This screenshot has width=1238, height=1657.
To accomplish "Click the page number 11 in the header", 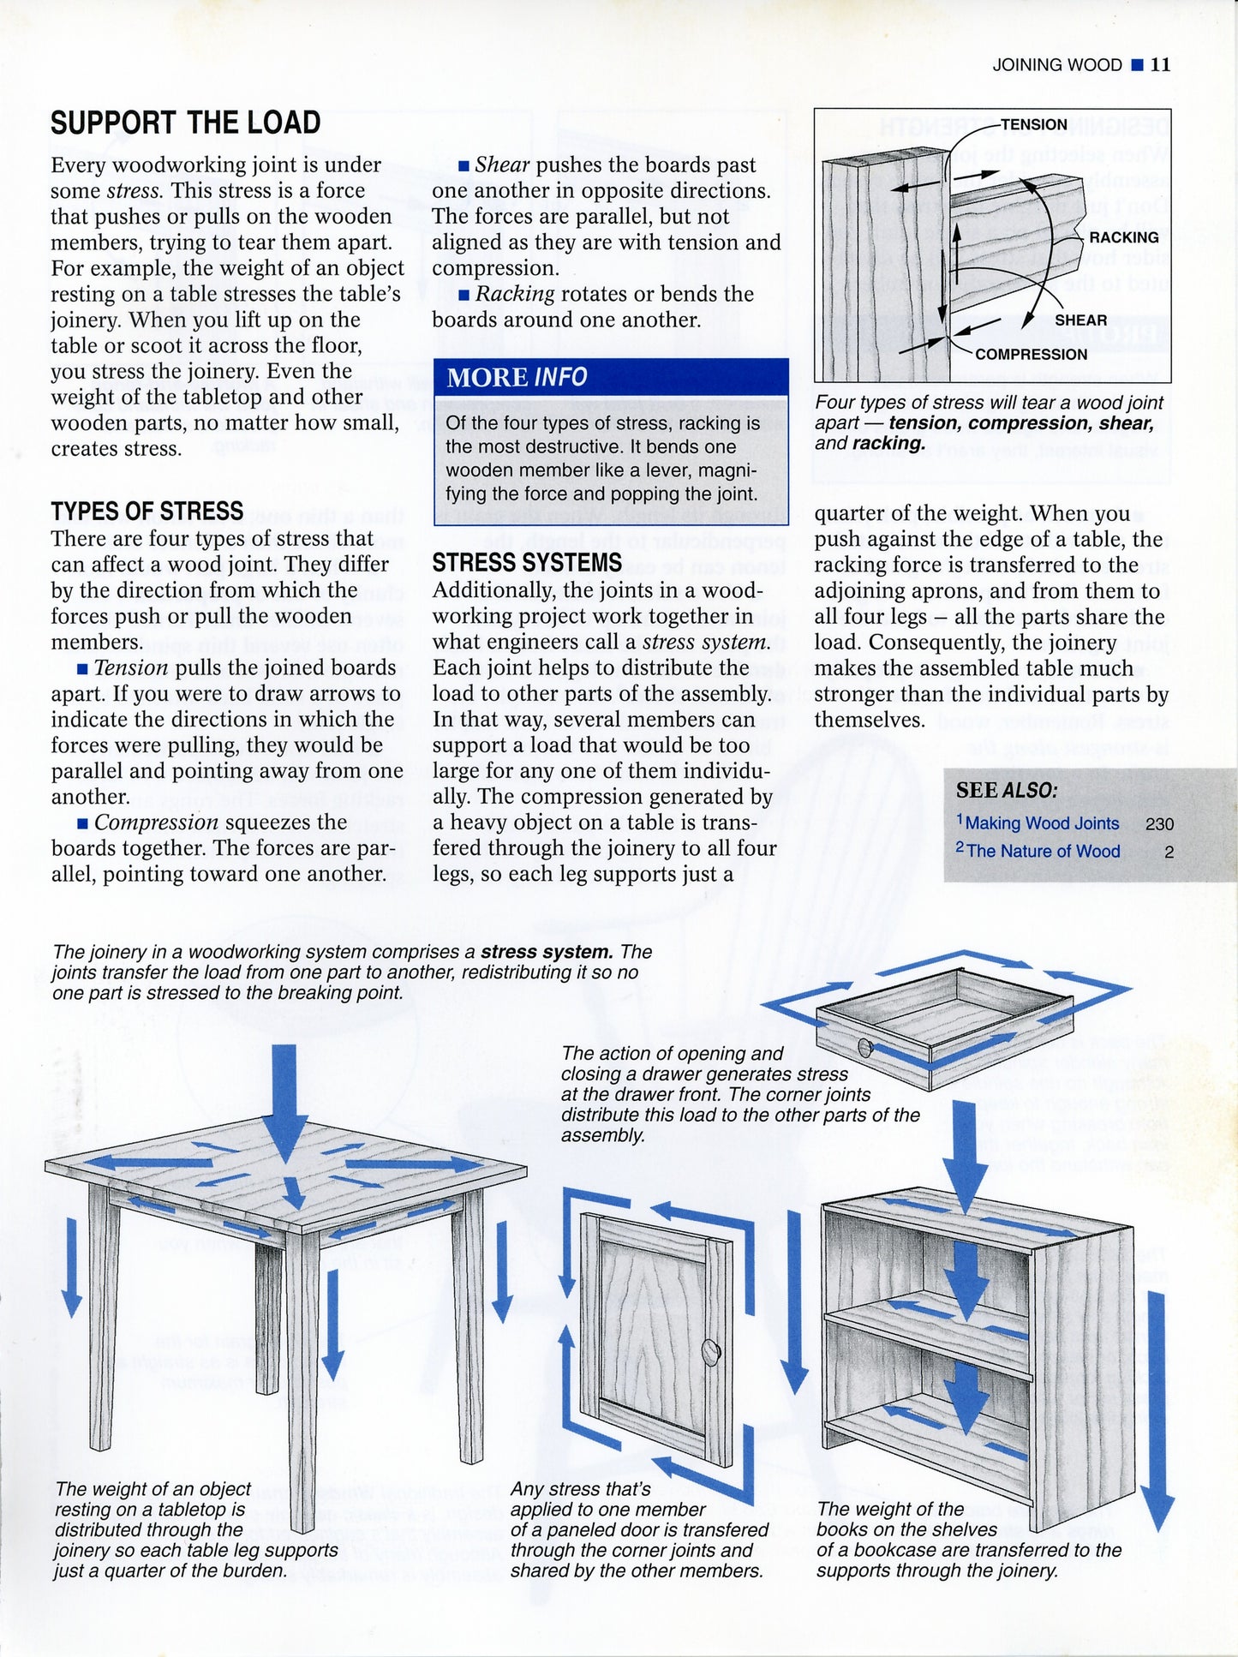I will pos(1160,64).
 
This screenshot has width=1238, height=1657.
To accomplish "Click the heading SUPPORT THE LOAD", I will pos(185,123).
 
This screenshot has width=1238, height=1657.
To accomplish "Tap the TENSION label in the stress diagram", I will pos(1033,125).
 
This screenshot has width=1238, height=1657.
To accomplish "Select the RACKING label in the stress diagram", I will pos(1123,237).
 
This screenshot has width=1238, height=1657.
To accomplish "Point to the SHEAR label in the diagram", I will pos(1080,320).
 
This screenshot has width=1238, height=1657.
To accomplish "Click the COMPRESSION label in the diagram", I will pos(1031,355).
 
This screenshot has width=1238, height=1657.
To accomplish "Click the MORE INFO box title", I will pos(517,377).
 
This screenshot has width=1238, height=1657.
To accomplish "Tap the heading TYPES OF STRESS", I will pos(147,511).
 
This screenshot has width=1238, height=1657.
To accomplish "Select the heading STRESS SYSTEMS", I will pos(527,563).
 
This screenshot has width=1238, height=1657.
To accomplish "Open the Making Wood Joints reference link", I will pos(1042,823).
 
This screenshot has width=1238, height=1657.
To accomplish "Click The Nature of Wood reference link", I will pos(1043,852).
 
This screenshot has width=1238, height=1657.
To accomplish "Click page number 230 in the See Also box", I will pos(1158,824).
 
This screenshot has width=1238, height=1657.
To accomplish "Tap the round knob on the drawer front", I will pos(864,1048).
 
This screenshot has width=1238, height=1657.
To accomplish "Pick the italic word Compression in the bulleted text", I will pos(156,823).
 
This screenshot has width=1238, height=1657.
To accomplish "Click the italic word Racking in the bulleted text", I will pos(515,294).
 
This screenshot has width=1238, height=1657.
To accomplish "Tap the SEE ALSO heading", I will pos(1007,790).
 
